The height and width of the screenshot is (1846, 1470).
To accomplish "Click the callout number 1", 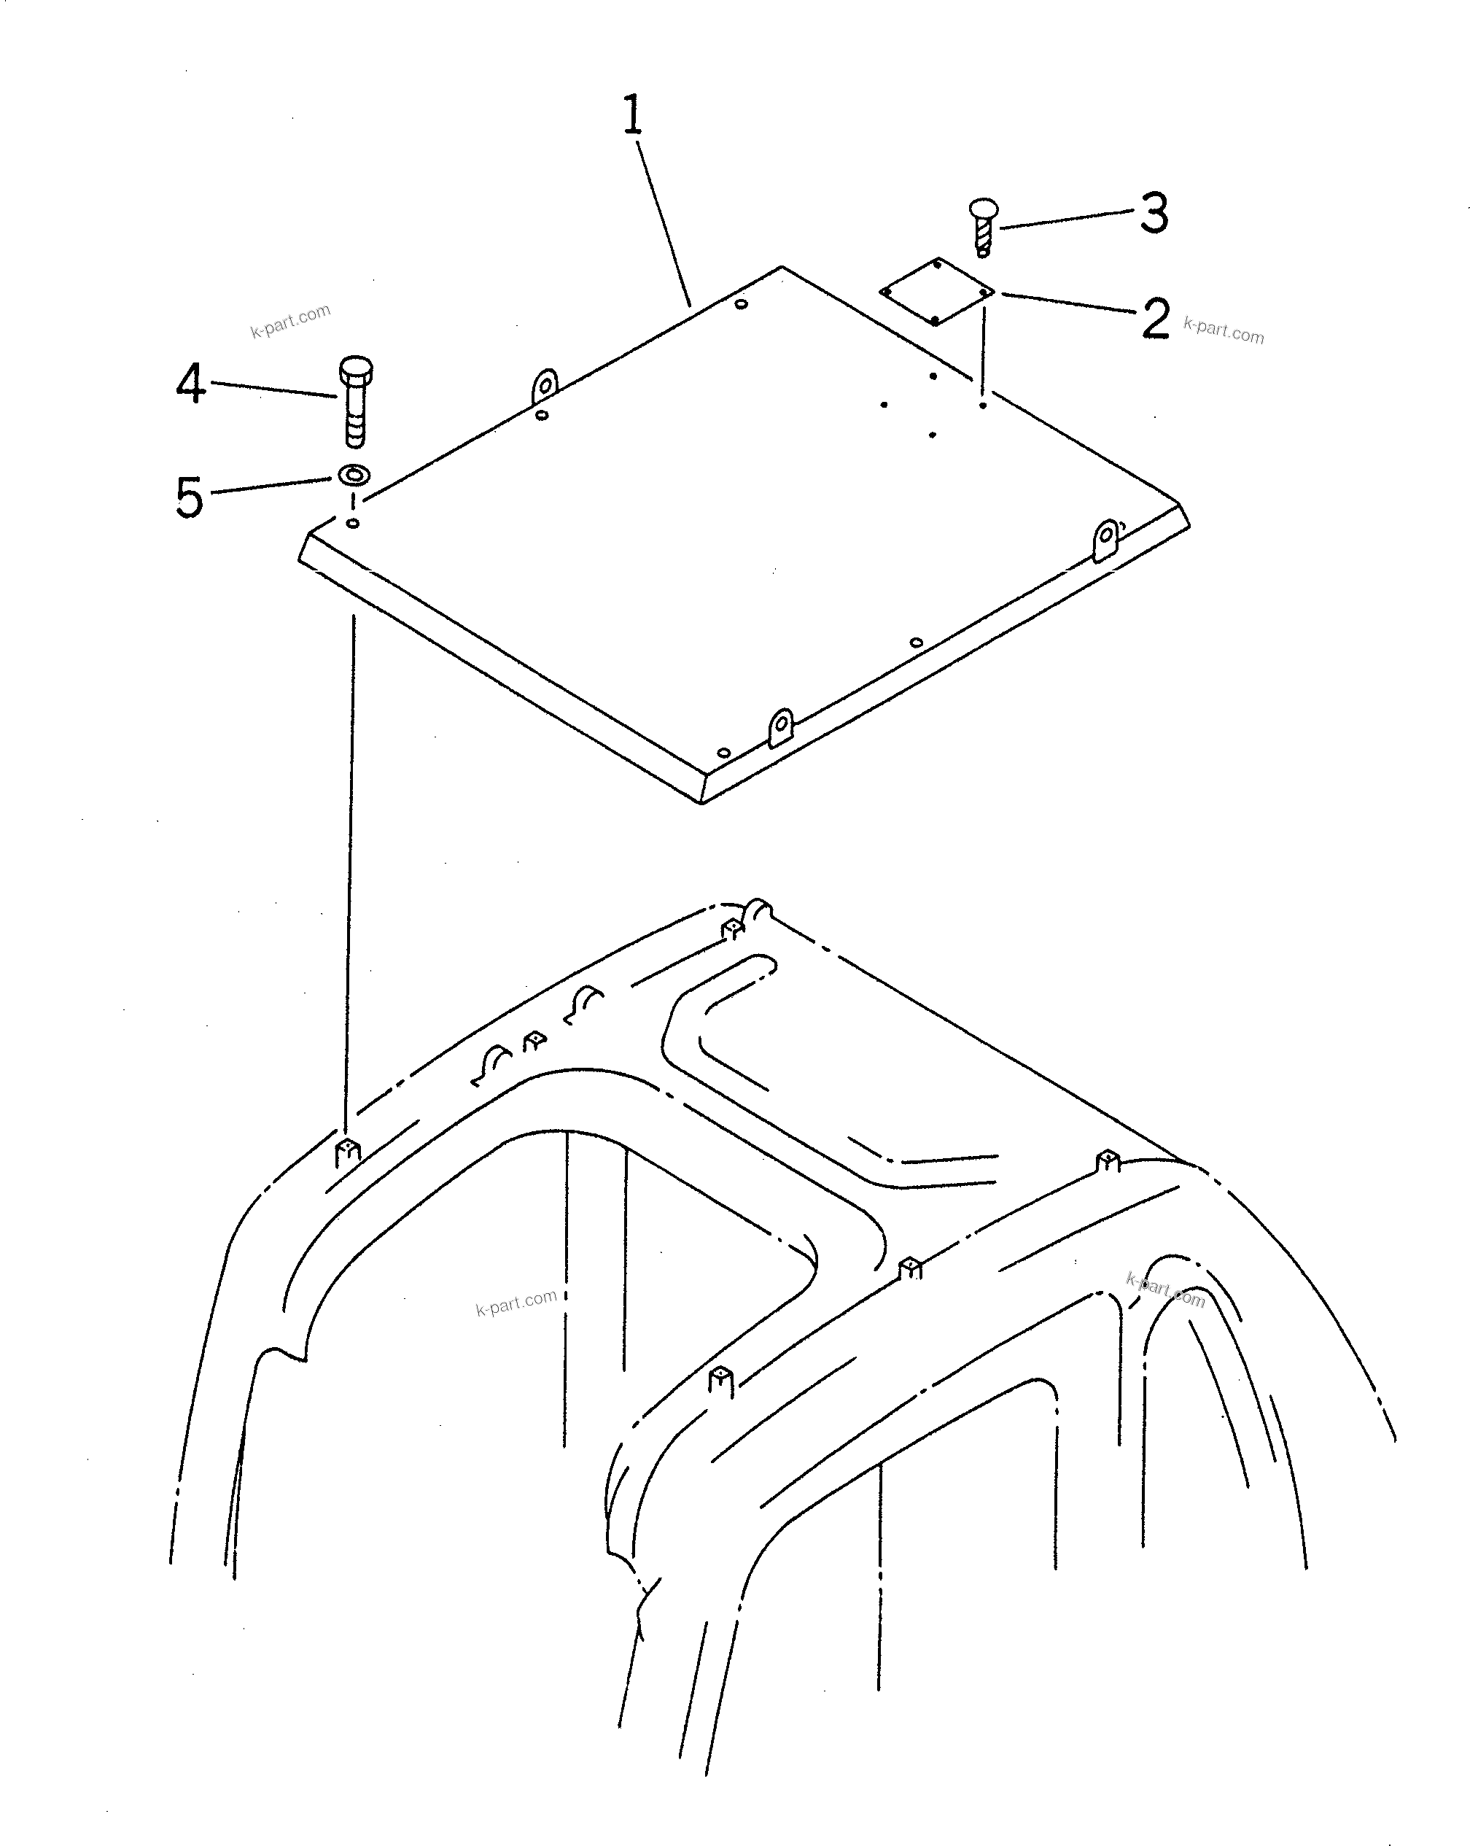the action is pyautogui.click(x=632, y=117).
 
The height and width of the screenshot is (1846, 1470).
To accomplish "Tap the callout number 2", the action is pyautogui.click(x=1155, y=319).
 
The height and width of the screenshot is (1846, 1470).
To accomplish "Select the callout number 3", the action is pyautogui.click(x=1154, y=213).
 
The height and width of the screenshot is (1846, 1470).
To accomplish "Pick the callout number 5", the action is pyautogui.click(x=189, y=497).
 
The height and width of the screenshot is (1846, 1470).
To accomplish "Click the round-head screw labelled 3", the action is pyautogui.click(x=984, y=226).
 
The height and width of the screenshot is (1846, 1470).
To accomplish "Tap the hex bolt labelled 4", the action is pyautogui.click(x=354, y=400).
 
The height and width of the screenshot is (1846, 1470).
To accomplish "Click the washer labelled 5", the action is pyautogui.click(x=354, y=473).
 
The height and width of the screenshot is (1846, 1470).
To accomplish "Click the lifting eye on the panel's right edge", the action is pyautogui.click(x=1106, y=540).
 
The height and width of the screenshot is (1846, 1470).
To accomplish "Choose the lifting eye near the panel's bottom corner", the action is pyautogui.click(x=780, y=728).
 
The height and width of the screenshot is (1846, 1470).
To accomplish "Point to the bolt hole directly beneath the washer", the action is pyautogui.click(x=353, y=523).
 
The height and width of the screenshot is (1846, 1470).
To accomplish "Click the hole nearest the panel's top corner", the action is pyautogui.click(x=742, y=304).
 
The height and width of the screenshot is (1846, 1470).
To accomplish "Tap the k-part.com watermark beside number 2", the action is pyautogui.click(x=1223, y=330).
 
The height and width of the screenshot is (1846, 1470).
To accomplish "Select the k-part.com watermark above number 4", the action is pyautogui.click(x=290, y=320).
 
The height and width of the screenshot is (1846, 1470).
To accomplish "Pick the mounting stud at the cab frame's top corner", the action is pyautogui.click(x=732, y=929).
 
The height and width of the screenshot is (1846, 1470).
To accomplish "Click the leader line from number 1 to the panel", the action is pyautogui.click(x=664, y=222).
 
